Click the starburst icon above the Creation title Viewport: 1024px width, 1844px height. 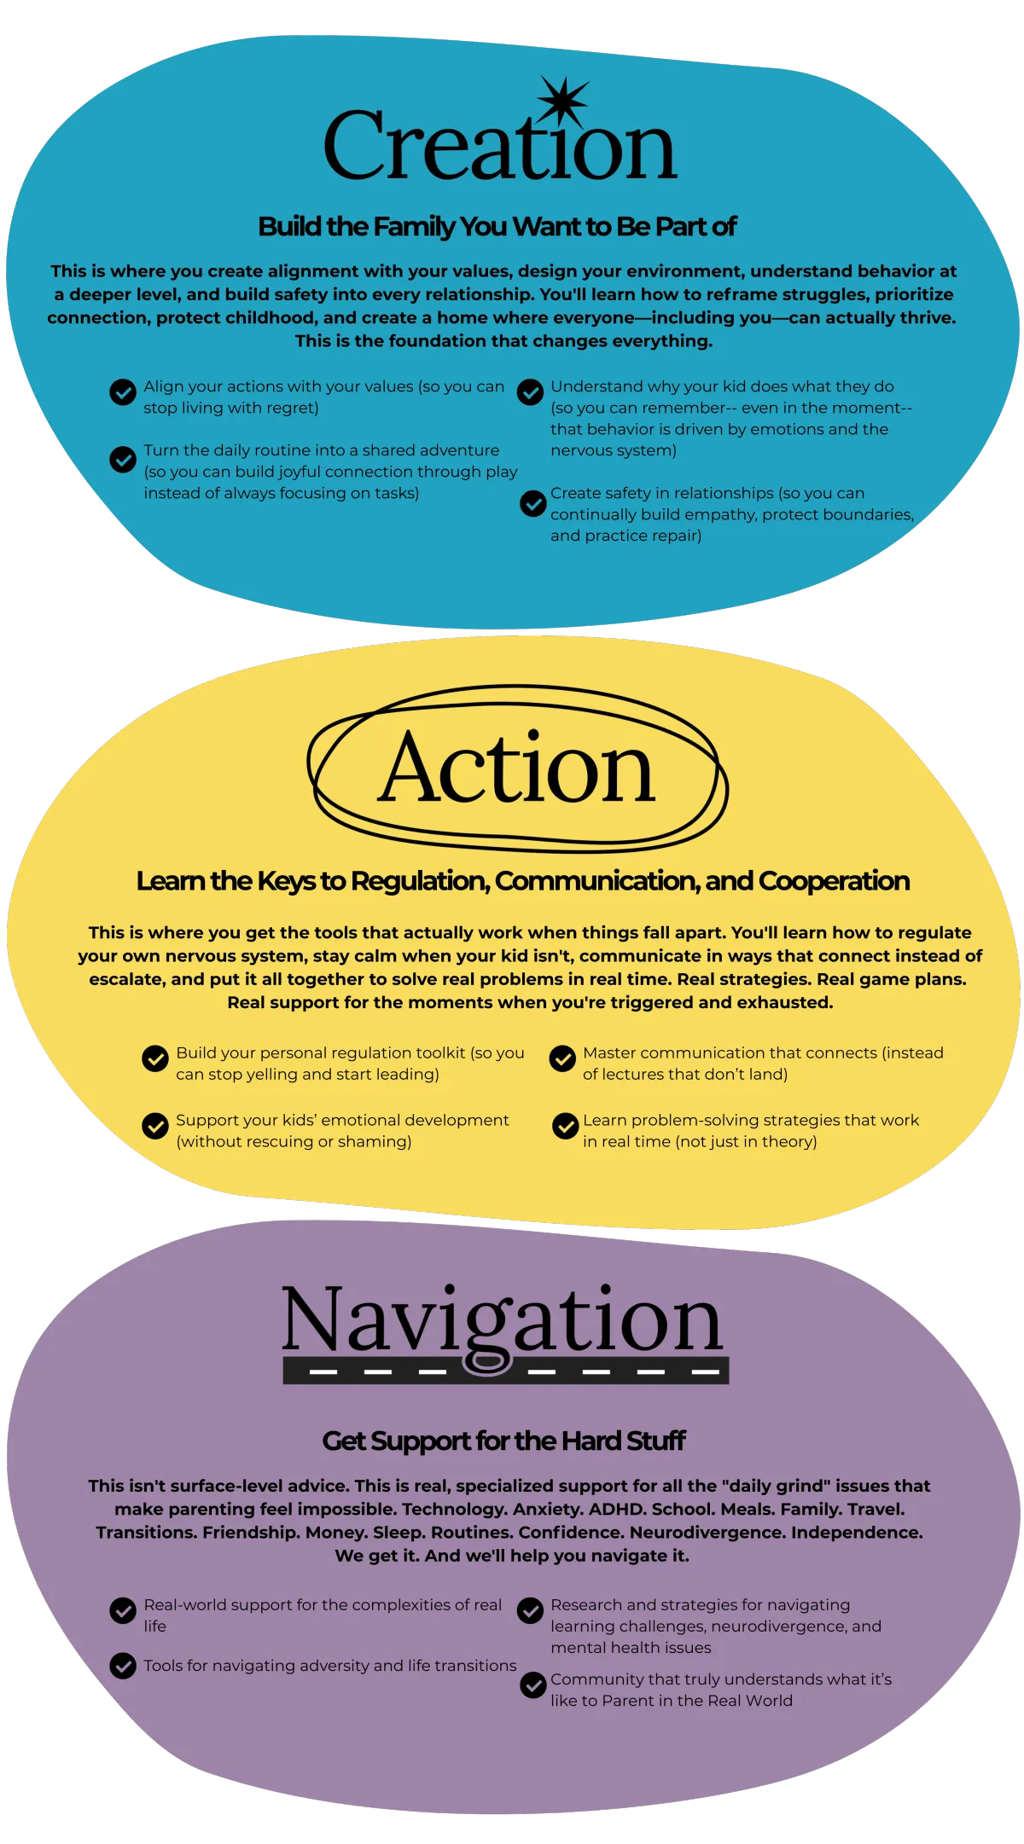tap(562, 101)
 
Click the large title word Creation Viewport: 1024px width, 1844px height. tap(500, 147)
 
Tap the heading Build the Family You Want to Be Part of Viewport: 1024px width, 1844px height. tap(497, 227)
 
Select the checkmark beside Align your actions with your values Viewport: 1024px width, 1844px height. tap(123, 392)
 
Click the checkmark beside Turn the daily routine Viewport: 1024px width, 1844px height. tap(123, 460)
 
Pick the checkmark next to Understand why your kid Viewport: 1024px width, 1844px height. tap(530, 392)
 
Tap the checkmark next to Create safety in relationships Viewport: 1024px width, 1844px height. tap(533, 503)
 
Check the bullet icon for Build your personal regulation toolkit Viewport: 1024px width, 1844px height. tap(155, 1058)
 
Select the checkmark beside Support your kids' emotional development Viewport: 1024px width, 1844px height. tap(155, 1126)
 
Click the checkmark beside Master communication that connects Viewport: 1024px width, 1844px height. tap(562, 1058)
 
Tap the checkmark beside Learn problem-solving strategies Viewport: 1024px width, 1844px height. tap(565, 1126)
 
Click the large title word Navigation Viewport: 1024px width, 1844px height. tap(503, 1319)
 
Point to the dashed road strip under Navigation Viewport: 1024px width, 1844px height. tap(505, 1371)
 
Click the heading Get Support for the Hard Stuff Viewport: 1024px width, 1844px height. tap(503, 1441)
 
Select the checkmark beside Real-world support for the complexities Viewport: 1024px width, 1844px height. tap(123, 1610)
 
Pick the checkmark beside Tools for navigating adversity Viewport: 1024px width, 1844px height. tap(123, 1666)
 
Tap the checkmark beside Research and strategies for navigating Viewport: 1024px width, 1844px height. tap(530, 1610)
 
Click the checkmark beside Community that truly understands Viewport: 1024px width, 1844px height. tap(533, 1685)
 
